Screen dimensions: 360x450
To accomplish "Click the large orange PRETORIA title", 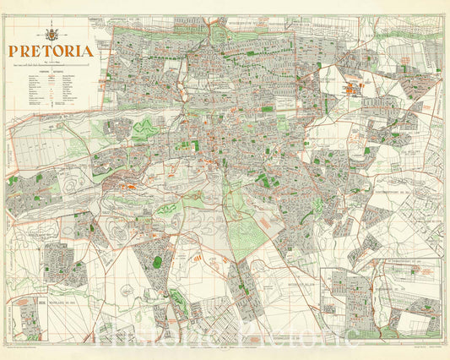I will [x=52, y=50].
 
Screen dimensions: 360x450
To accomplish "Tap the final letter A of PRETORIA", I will [x=88, y=50].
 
